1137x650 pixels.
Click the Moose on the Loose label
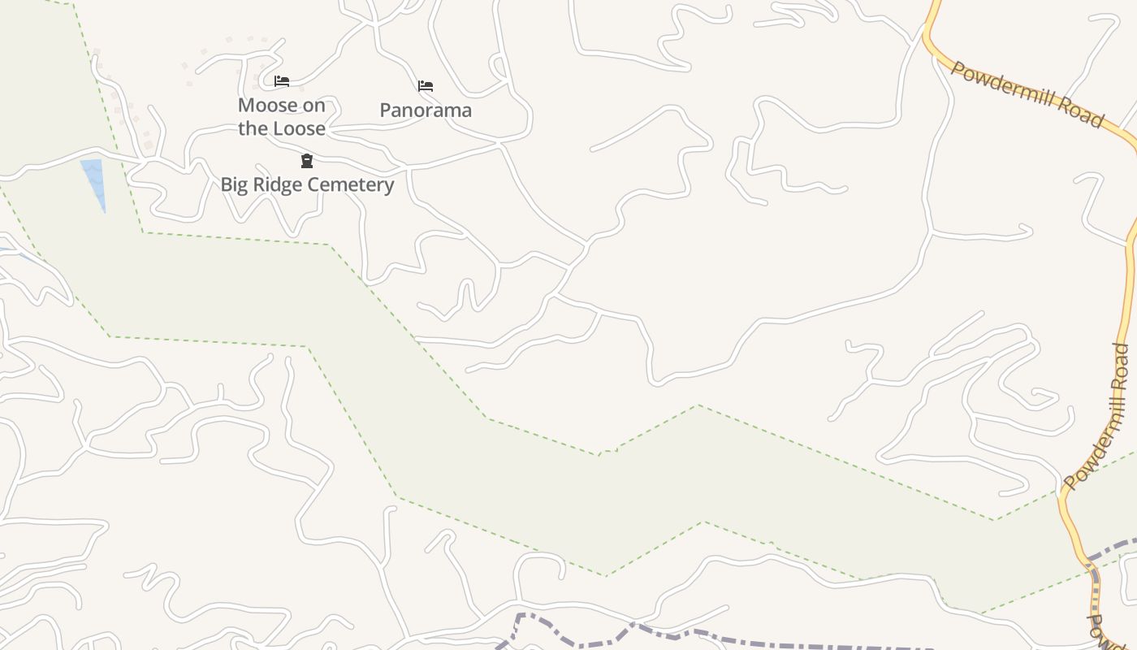(282, 116)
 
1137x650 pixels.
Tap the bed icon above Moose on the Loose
(282, 81)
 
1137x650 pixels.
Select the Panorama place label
(426, 110)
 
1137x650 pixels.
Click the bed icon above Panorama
(426, 86)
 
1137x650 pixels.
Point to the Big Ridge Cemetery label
(307, 184)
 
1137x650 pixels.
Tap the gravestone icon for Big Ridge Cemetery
(307, 161)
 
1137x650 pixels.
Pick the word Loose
(299, 128)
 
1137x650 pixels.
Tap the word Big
(236, 184)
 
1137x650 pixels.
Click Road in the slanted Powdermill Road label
(1083, 115)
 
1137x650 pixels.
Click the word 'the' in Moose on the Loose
(252, 128)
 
